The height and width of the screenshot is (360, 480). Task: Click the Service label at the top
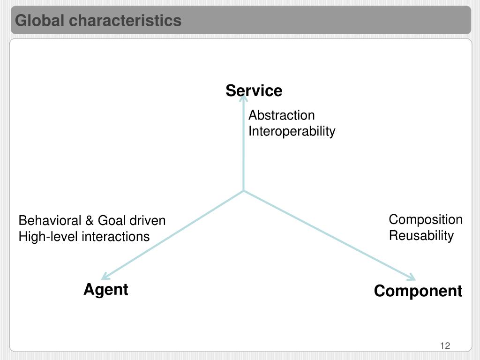point(254,90)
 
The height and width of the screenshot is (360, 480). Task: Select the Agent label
point(106,290)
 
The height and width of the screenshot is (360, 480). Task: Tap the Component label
point(418,291)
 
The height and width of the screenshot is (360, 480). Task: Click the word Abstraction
point(281,115)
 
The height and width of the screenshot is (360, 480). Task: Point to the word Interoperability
point(292,131)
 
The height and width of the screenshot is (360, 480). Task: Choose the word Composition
point(425,220)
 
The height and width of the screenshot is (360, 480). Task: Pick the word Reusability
point(421,235)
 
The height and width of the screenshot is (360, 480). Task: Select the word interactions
point(115,237)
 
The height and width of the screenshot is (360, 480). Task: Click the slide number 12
point(445,346)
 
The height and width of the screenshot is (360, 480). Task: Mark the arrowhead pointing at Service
point(244,98)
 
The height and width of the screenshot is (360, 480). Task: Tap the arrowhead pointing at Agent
point(105,277)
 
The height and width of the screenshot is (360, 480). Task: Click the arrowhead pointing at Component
point(412,277)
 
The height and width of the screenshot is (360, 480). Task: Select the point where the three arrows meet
point(244,191)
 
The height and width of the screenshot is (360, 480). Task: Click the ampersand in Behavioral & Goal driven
point(90,220)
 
